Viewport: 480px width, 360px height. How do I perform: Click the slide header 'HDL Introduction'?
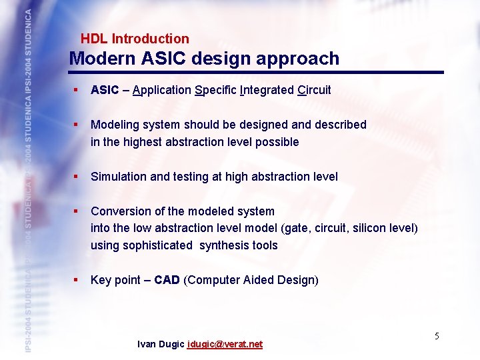click(135, 39)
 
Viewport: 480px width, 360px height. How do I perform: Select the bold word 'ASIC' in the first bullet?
click(105, 90)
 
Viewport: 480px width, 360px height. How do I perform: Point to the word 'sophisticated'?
click(151, 245)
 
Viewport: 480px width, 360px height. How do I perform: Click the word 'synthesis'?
click(224, 245)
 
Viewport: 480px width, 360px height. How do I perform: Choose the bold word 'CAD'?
click(167, 280)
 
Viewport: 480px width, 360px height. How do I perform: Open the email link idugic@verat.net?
click(225, 344)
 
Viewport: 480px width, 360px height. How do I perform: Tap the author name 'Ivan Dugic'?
click(161, 344)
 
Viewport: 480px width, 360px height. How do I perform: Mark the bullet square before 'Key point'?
click(77, 280)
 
